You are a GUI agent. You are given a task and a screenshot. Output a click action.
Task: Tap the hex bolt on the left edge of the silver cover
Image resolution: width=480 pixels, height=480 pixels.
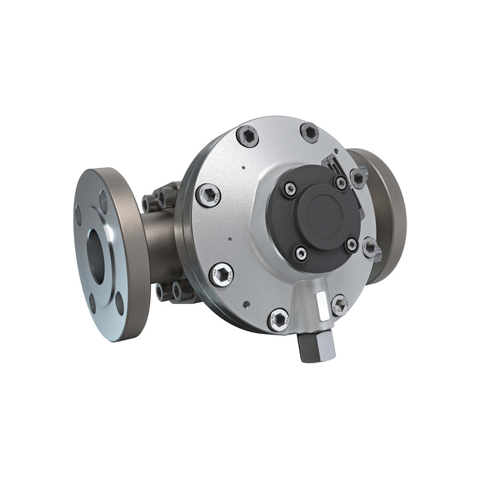[208, 195]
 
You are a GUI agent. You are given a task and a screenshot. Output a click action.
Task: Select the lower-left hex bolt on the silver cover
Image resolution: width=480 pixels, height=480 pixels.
[221, 274]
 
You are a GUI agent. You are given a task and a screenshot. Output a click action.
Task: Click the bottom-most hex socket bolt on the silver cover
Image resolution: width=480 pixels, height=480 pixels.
[278, 320]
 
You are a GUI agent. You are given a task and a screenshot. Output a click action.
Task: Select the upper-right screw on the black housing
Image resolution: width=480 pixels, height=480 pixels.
[341, 182]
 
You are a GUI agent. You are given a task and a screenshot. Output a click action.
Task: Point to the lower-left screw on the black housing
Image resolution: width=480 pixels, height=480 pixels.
[301, 253]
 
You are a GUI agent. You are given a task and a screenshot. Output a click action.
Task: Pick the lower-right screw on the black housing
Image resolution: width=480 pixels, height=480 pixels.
[351, 245]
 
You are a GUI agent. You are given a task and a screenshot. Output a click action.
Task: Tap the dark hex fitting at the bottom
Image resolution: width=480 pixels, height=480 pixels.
[319, 347]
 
